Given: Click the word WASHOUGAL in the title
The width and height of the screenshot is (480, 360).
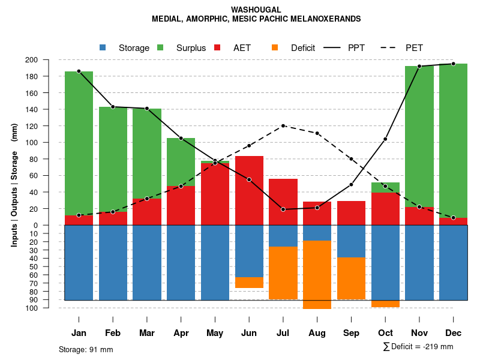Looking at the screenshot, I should tap(256, 10).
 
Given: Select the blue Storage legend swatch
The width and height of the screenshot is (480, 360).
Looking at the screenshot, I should tap(103, 48).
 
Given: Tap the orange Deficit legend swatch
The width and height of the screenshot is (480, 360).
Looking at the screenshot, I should tap(275, 48).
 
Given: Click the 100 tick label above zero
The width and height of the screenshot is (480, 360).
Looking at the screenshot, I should tap(47, 143).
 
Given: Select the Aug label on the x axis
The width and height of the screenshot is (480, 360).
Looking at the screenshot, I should tap(317, 333).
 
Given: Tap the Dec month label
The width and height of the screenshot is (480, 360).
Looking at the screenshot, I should tap(453, 333).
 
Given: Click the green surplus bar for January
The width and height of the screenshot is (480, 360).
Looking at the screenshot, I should tap(79, 144).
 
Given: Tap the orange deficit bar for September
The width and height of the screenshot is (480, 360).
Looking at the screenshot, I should tap(351, 278).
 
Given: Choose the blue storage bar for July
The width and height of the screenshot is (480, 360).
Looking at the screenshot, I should tap(283, 236).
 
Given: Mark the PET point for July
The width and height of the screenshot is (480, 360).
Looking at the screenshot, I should tap(283, 126).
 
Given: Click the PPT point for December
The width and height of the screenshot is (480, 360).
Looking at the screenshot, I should tap(453, 64).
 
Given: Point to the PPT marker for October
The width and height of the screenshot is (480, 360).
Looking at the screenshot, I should tap(385, 139).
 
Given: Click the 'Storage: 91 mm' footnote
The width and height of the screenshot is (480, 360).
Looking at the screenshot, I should tap(86, 349).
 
